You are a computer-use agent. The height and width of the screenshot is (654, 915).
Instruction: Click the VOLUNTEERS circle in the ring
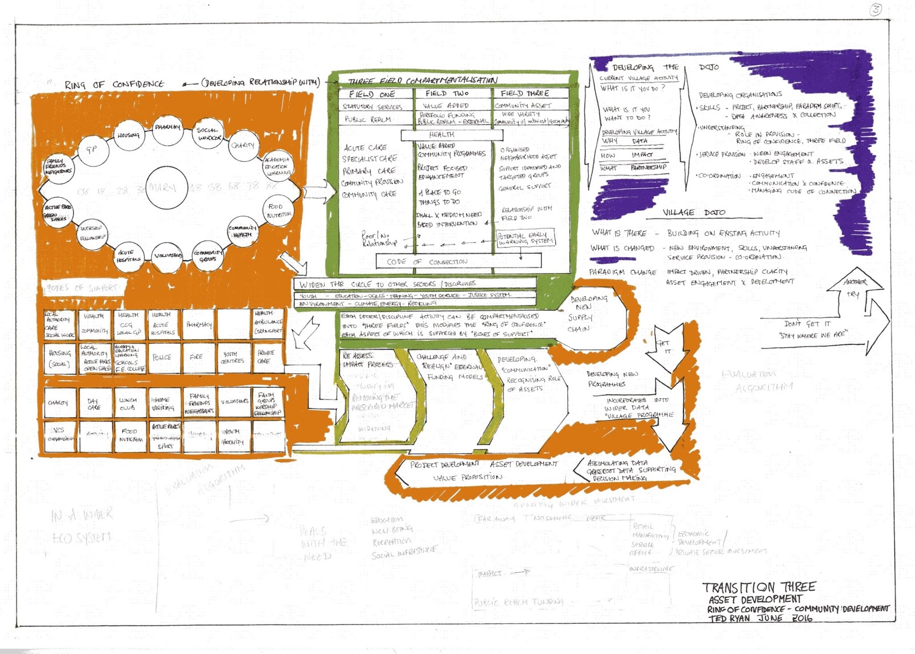point(168,255)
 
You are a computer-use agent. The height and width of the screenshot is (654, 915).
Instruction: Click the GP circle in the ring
point(91,150)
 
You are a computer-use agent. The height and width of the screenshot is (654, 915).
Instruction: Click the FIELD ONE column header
point(372,94)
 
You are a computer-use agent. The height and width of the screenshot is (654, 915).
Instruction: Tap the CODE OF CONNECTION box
point(458,261)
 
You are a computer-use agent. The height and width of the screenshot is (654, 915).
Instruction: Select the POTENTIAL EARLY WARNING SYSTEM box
point(526,238)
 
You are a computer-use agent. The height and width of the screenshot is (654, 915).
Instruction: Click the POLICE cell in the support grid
point(162,357)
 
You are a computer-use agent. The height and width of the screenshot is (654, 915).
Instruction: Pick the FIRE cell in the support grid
point(197,357)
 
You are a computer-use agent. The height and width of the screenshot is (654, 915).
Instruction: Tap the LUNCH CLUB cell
point(128,404)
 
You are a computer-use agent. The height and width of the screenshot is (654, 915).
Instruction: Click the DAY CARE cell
point(94,404)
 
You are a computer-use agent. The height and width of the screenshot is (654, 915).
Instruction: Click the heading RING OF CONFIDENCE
point(114,85)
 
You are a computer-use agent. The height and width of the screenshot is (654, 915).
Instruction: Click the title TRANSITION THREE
point(759,587)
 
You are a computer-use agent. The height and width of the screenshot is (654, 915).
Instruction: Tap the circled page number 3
point(876,9)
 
